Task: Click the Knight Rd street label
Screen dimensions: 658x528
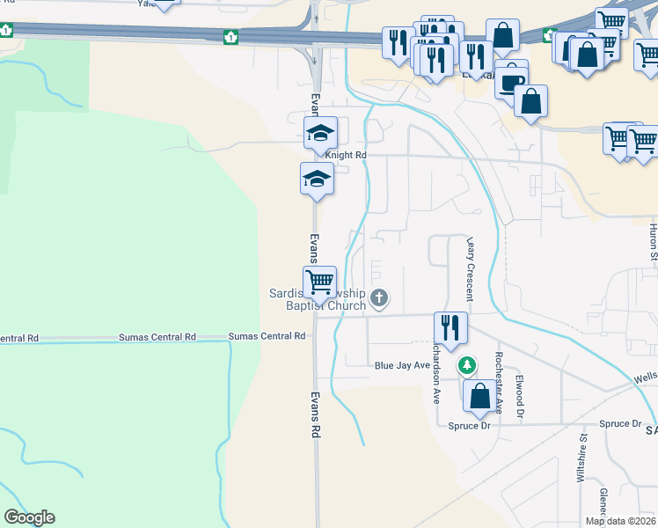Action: coord(345,155)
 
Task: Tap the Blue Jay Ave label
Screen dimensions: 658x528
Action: coord(402,365)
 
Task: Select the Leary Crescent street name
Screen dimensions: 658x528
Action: coord(471,268)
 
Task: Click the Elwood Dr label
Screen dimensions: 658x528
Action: coord(520,397)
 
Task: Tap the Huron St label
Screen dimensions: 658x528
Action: coord(653,243)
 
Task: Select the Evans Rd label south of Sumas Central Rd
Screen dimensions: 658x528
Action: coord(314,415)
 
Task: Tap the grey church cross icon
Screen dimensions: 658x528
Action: coord(380,297)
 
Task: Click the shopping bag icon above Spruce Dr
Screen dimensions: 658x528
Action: coord(480,396)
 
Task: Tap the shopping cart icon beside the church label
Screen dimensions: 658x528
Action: coord(320,282)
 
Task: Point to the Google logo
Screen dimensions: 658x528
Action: coord(30,517)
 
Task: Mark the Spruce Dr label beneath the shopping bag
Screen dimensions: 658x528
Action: coord(472,425)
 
